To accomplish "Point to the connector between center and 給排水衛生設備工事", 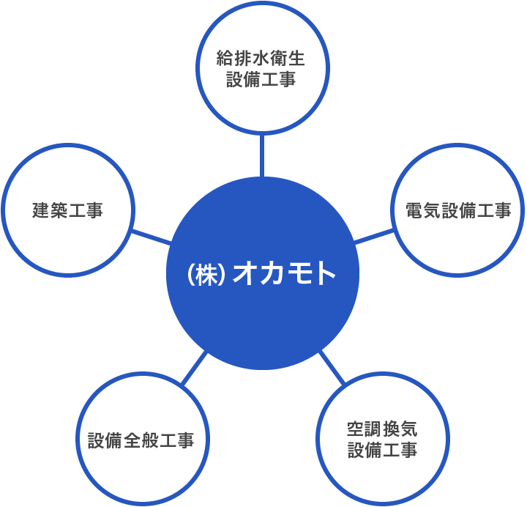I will click(262, 155).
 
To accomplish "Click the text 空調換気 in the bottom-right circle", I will click(383, 429).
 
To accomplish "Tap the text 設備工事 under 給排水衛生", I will click(261, 80).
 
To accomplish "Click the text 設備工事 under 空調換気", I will click(383, 450).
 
